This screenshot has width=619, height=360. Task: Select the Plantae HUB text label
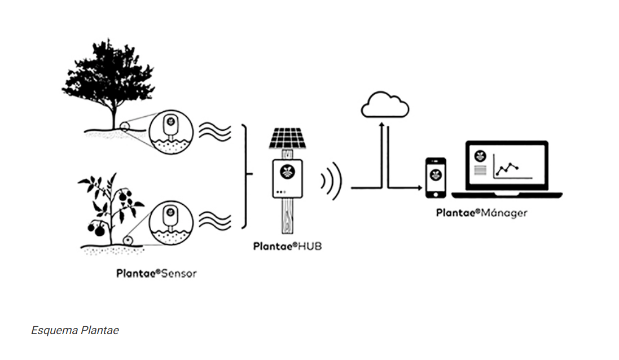pos(288,246)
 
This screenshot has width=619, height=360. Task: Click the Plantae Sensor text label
pos(156,274)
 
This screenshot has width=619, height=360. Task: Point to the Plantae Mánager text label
pos(481,213)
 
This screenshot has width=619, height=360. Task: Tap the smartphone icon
pos(435,177)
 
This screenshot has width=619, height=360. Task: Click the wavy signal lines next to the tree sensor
pos(217,133)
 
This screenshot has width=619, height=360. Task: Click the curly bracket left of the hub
pos(245,177)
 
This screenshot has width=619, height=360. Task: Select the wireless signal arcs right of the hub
pos(332,181)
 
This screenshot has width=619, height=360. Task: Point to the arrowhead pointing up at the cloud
pos(382,123)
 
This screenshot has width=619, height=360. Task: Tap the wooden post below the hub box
pos(287,217)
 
